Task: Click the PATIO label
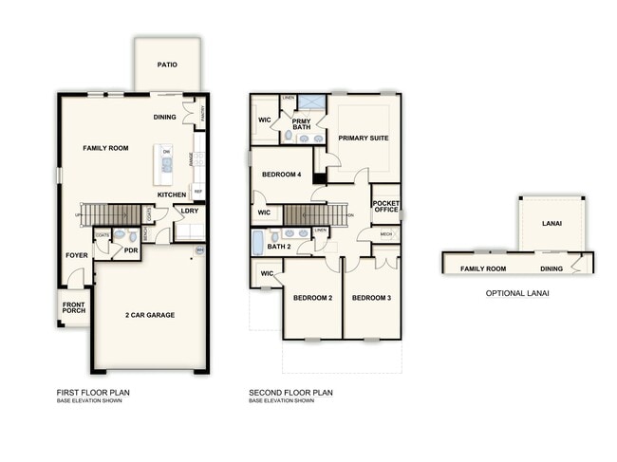pyautogui.click(x=167, y=65)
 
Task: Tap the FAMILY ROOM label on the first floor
pyautogui.click(x=105, y=148)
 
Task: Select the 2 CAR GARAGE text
pyautogui.click(x=149, y=315)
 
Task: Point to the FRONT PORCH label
pyautogui.click(x=73, y=310)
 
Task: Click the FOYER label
pyautogui.click(x=76, y=256)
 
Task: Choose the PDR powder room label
pyautogui.click(x=131, y=251)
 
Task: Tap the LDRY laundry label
pyautogui.click(x=189, y=211)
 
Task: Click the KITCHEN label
pyautogui.click(x=172, y=194)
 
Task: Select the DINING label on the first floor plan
pyautogui.click(x=164, y=118)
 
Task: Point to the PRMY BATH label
pyautogui.click(x=301, y=124)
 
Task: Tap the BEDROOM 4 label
pyautogui.click(x=282, y=175)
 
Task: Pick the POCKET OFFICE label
pyautogui.click(x=385, y=208)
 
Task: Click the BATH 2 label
pyautogui.click(x=278, y=248)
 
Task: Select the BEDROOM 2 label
pyautogui.click(x=312, y=298)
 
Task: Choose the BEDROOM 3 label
pyautogui.click(x=371, y=298)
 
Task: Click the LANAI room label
pyautogui.click(x=552, y=224)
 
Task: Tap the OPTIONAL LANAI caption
pyautogui.click(x=517, y=293)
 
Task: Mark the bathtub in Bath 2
pyautogui.click(x=257, y=243)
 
